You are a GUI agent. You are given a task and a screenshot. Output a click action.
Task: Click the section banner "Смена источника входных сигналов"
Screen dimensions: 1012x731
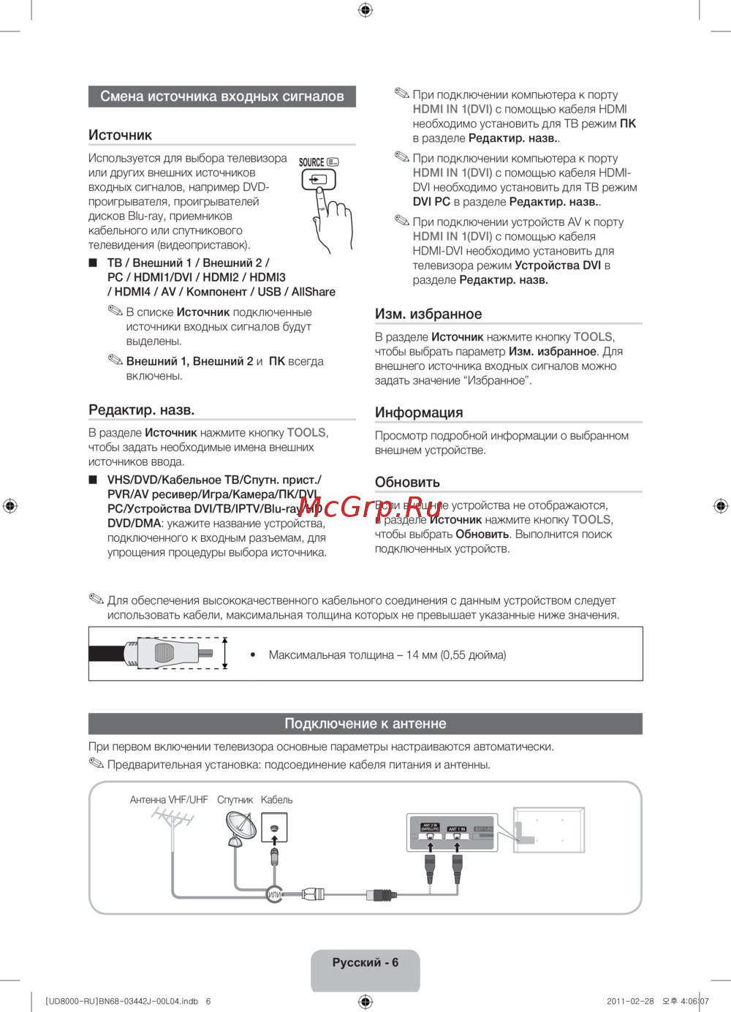click(x=221, y=97)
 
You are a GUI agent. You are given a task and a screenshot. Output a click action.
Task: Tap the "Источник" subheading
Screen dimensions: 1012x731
click(x=121, y=135)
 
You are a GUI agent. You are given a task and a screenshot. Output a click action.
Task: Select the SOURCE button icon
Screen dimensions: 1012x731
click(x=319, y=178)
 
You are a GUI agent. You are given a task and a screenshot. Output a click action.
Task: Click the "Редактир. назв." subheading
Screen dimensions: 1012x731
click(x=141, y=409)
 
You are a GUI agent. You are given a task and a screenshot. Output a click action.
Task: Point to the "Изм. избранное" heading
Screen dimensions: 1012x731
click(x=428, y=314)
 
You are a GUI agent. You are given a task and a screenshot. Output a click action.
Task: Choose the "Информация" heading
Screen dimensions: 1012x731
click(x=419, y=412)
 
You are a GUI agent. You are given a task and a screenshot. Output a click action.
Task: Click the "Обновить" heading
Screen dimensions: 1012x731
click(x=407, y=482)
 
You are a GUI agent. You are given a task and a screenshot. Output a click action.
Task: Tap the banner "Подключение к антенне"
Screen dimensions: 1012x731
click(x=365, y=724)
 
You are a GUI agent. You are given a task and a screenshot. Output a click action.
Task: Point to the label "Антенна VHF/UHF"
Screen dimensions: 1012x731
click(x=169, y=800)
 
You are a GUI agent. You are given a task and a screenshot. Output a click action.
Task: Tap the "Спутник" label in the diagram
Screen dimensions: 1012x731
click(x=235, y=800)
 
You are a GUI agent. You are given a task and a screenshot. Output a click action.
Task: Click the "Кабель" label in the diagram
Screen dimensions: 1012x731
click(x=276, y=800)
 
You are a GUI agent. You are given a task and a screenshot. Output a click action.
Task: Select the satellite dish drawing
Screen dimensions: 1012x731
click(x=240, y=829)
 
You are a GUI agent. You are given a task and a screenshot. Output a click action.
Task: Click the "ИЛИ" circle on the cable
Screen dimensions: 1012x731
click(x=275, y=894)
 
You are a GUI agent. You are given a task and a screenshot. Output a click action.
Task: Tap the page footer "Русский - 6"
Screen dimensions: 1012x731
click(x=365, y=963)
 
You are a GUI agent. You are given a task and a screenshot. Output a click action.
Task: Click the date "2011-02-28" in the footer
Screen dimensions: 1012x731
click(x=630, y=1001)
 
